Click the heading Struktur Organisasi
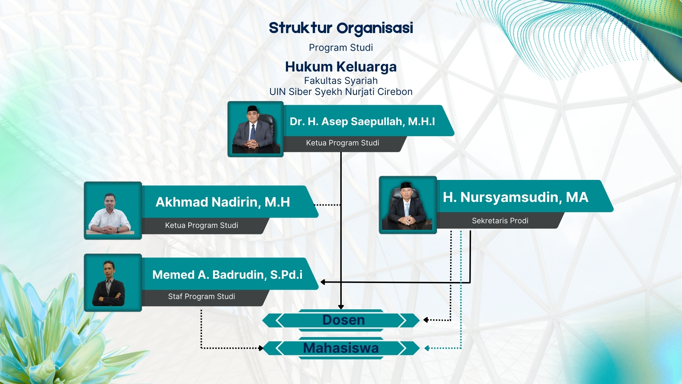tap(341, 28)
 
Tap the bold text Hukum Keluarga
tap(341, 67)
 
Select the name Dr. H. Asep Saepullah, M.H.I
tap(362, 122)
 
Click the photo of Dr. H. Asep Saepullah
tap(255, 129)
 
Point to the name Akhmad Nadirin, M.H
tap(223, 202)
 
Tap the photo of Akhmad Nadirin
tap(113, 210)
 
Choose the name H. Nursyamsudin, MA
tap(515, 197)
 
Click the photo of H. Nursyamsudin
tap(408, 205)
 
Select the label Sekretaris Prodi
tap(500, 221)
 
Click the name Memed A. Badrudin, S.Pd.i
tap(227, 275)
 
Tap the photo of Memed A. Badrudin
tap(113, 283)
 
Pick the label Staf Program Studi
tap(201, 297)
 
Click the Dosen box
tap(341, 320)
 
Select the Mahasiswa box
tap(341, 348)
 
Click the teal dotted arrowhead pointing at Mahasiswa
tap(427, 348)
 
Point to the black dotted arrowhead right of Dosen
tap(426, 320)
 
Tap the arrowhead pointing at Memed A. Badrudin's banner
tap(323, 282)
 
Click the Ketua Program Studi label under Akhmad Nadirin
tap(201, 225)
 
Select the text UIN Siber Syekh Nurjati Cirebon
tap(341, 92)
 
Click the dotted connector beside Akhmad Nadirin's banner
tap(328, 205)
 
